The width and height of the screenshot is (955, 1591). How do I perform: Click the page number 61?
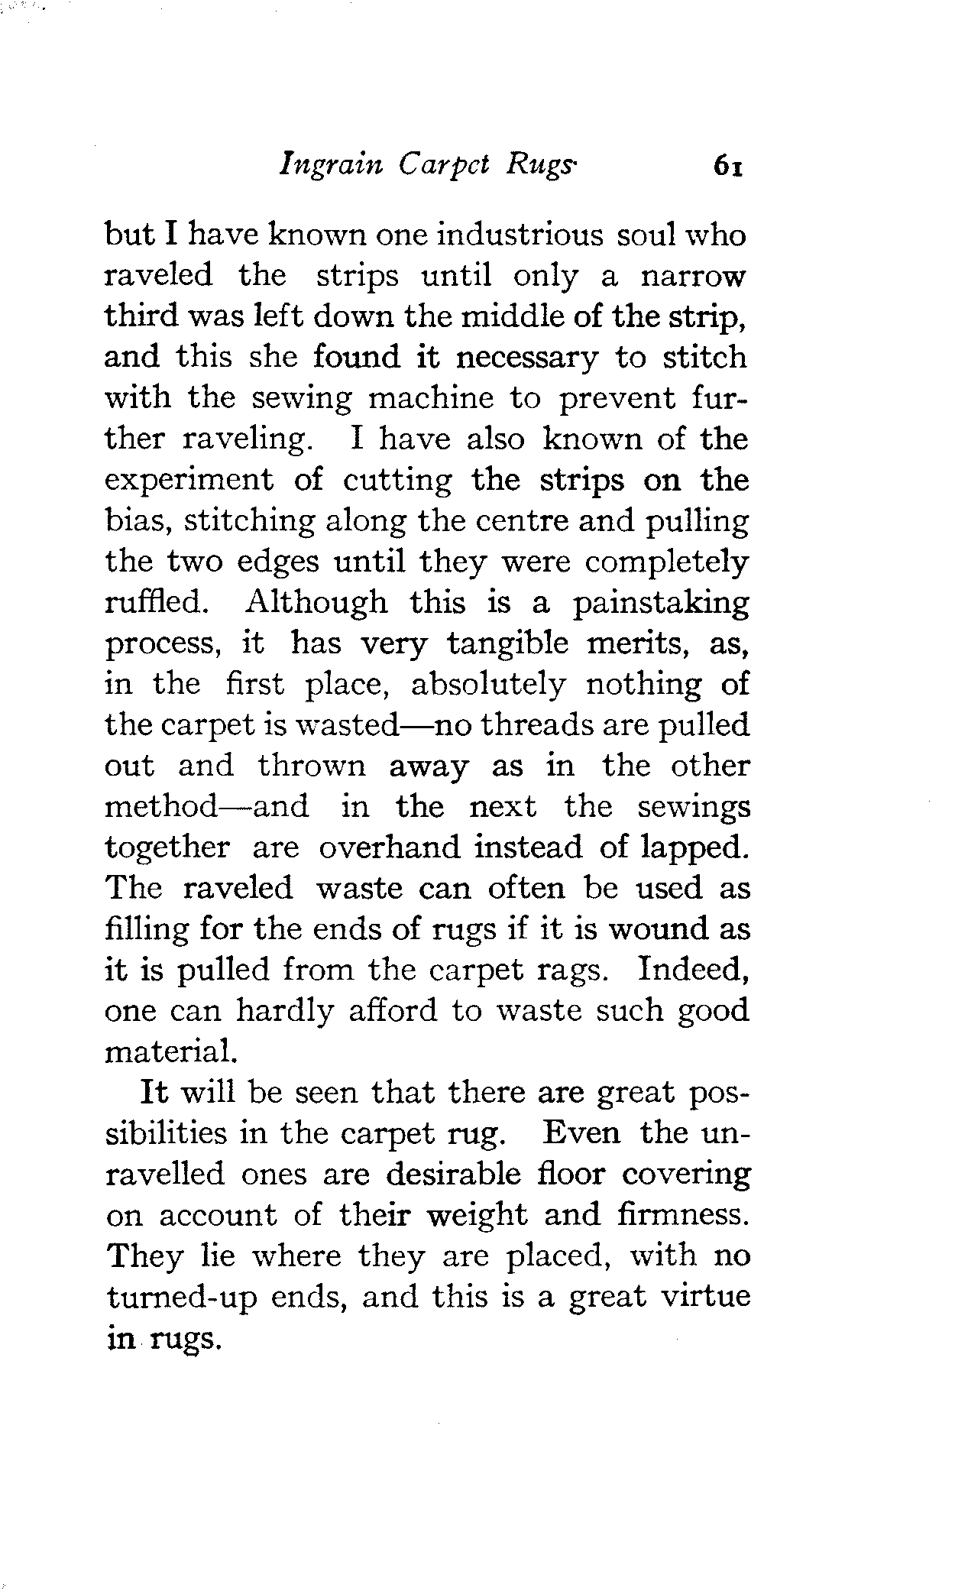pos(727,186)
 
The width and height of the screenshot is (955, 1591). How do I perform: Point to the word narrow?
pos(693,276)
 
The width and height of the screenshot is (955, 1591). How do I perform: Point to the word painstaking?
pos(661,603)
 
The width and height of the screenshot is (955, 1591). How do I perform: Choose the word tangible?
pos(508,644)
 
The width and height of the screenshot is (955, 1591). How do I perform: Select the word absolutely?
pos(489,685)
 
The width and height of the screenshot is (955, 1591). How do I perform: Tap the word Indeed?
pos(692,970)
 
